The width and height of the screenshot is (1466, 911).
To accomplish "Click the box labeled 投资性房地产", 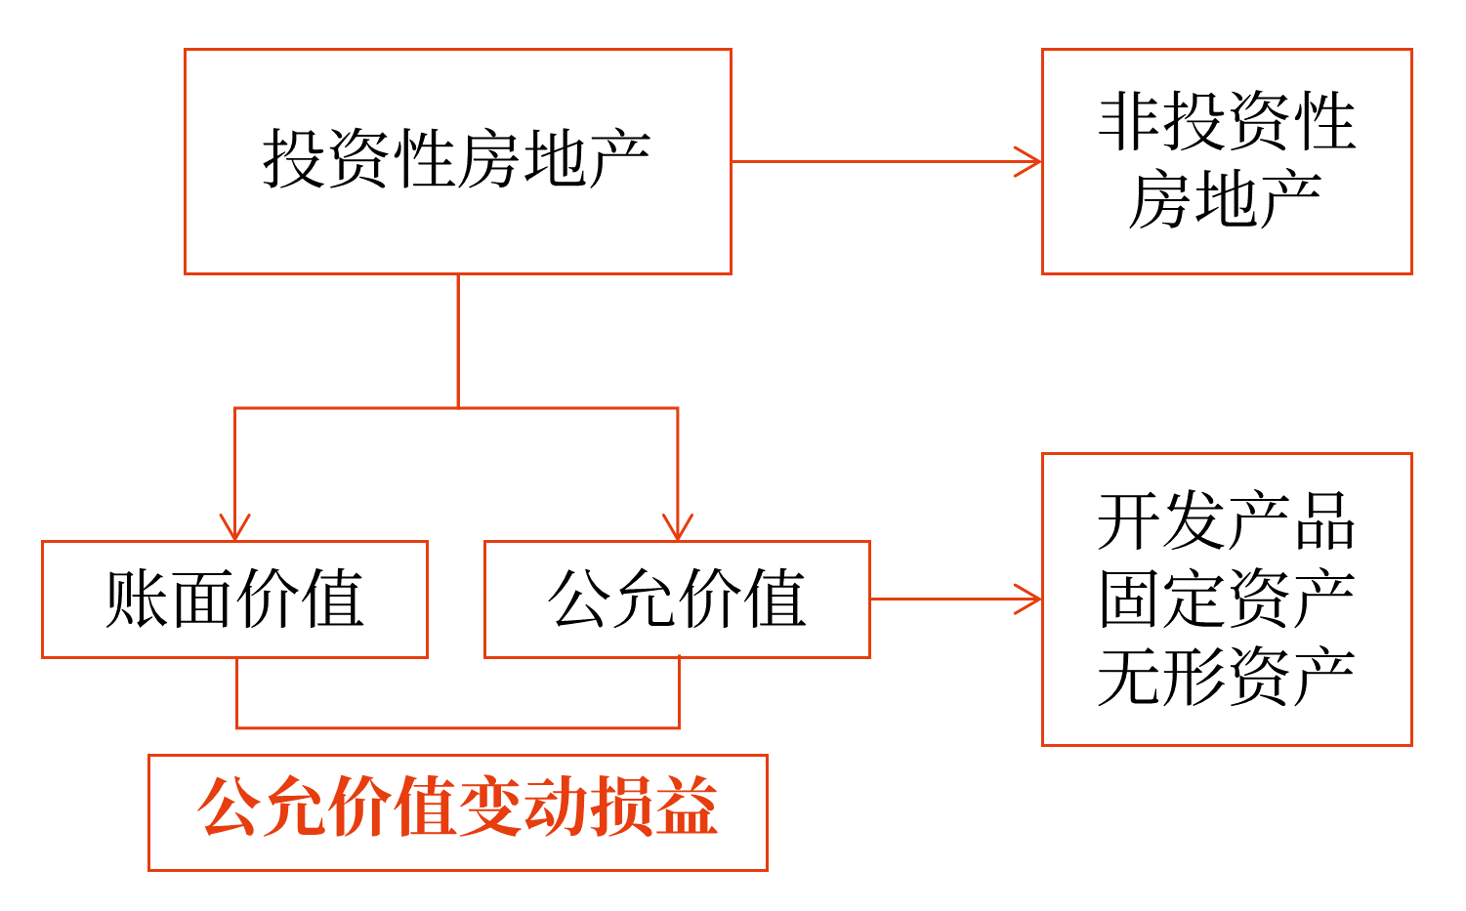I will tap(457, 161).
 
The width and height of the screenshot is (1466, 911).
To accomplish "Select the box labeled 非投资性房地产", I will tap(1226, 161).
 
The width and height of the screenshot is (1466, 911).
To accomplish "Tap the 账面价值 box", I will tap(234, 599).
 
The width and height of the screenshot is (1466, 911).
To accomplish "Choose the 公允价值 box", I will tap(677, 599).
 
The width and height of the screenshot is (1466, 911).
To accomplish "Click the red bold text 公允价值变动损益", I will tap(457, 809).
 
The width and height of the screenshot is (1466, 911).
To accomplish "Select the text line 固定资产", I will tap(1226, 599).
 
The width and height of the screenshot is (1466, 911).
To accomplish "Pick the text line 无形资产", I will tap(1226, 677).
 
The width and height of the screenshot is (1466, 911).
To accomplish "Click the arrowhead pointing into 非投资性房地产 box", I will tap(1030, 161).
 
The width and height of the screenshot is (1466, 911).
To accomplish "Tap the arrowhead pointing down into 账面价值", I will tap(234, 528).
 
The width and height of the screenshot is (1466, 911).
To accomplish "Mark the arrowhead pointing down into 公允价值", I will tap(678, 528).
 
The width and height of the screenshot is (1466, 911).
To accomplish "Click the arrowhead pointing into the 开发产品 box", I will tap(1030, 599).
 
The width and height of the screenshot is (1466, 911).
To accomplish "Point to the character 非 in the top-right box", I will tap(1129, 122).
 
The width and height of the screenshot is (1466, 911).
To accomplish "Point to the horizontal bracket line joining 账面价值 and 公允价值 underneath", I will tap(457, 727).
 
